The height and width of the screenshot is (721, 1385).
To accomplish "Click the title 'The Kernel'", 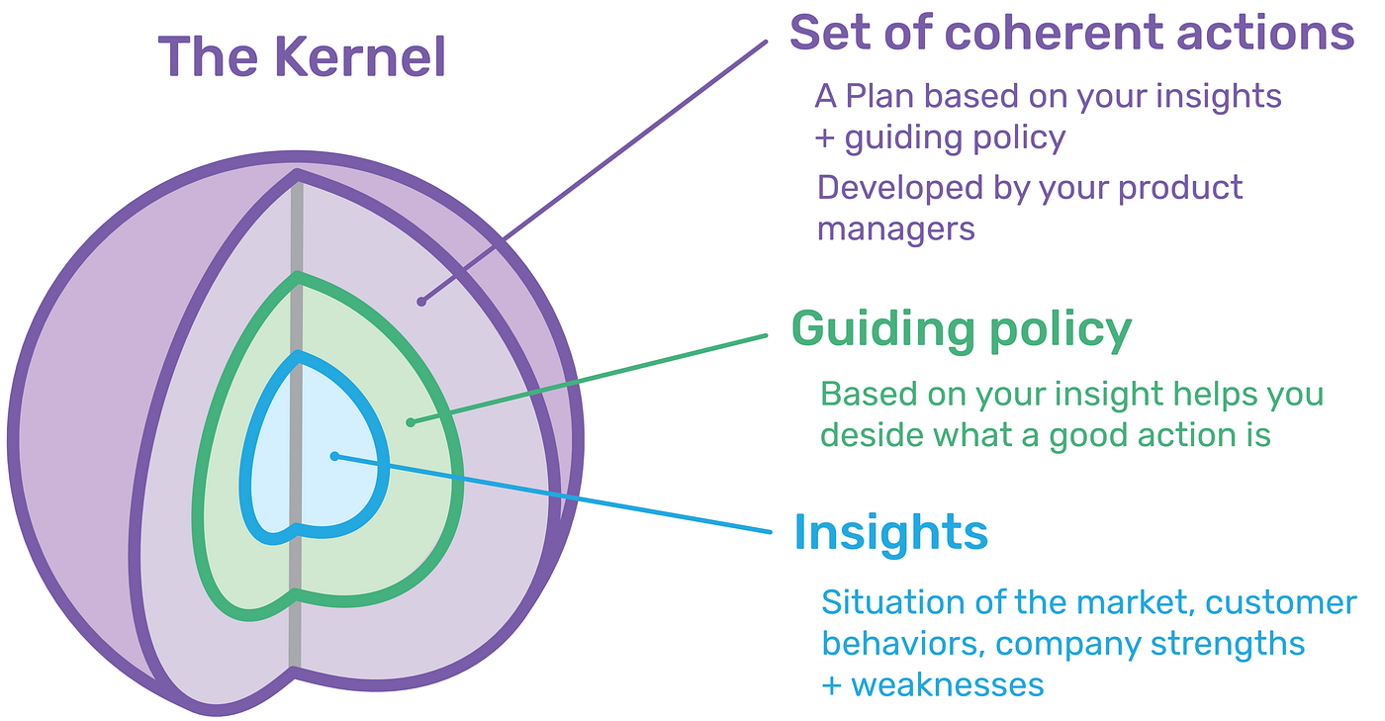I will [x=302, y=56].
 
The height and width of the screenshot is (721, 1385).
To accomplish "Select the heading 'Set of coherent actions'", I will [x=1071, y=34].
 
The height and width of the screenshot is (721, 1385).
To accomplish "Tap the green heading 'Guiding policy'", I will [x=961, y=329].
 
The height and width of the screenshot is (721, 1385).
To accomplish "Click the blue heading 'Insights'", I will [x=890, y=533].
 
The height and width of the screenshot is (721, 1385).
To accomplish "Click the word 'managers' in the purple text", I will [x=896, y=228].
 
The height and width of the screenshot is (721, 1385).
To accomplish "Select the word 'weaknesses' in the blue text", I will [x=947, y=683].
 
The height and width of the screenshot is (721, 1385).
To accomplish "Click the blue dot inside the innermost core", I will [x=335, y=456].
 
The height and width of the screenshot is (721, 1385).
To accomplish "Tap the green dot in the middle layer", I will [x=411, y=422].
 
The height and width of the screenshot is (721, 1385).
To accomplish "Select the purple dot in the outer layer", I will [x=420, y=301].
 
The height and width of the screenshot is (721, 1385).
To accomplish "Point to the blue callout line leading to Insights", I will [x=554, y=495].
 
